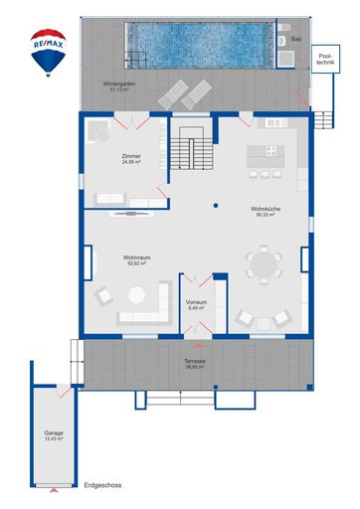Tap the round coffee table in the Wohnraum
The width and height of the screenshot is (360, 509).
click(x=136, y=293)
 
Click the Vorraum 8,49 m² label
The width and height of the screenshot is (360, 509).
click(x=196, y=305)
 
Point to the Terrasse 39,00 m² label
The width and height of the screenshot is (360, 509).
click(x=194, y=364)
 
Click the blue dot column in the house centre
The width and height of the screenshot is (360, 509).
click(x=214, y=207)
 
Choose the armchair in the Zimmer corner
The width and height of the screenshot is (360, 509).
click(x=98, y=132)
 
